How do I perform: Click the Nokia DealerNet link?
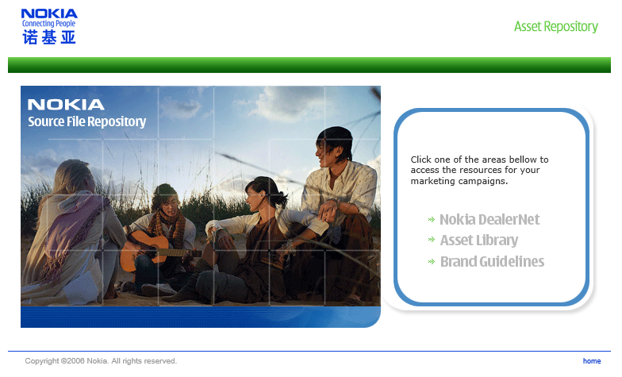point(490,219)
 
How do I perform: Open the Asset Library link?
point(479,240)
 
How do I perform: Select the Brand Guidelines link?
point(492,262)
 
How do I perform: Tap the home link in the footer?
point(592,360)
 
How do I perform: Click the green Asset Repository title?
point(555,26)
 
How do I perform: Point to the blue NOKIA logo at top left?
point(49,14)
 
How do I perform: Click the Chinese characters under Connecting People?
point(49,37)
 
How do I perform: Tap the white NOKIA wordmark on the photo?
point(66,105)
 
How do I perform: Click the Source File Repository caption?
point(87,121)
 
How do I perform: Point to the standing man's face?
point(324,152)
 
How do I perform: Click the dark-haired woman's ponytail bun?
point(281,198)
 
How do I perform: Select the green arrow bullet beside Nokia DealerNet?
point(432,219)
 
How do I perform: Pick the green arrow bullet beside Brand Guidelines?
point(432,262)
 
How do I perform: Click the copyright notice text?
point(101,360)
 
